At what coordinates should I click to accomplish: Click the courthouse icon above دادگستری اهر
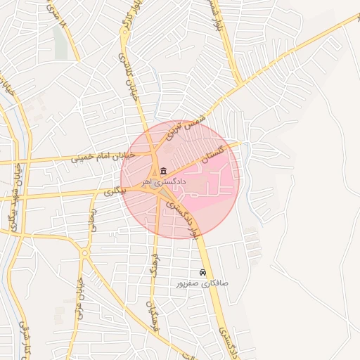click(x=163, y=172)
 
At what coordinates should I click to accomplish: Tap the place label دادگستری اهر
click(x=163, y=181)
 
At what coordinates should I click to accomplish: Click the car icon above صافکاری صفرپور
click(x=202, y=273)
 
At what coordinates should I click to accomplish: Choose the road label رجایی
click(x=92, y=224)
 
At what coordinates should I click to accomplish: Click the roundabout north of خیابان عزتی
click(x=84, y=252)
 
